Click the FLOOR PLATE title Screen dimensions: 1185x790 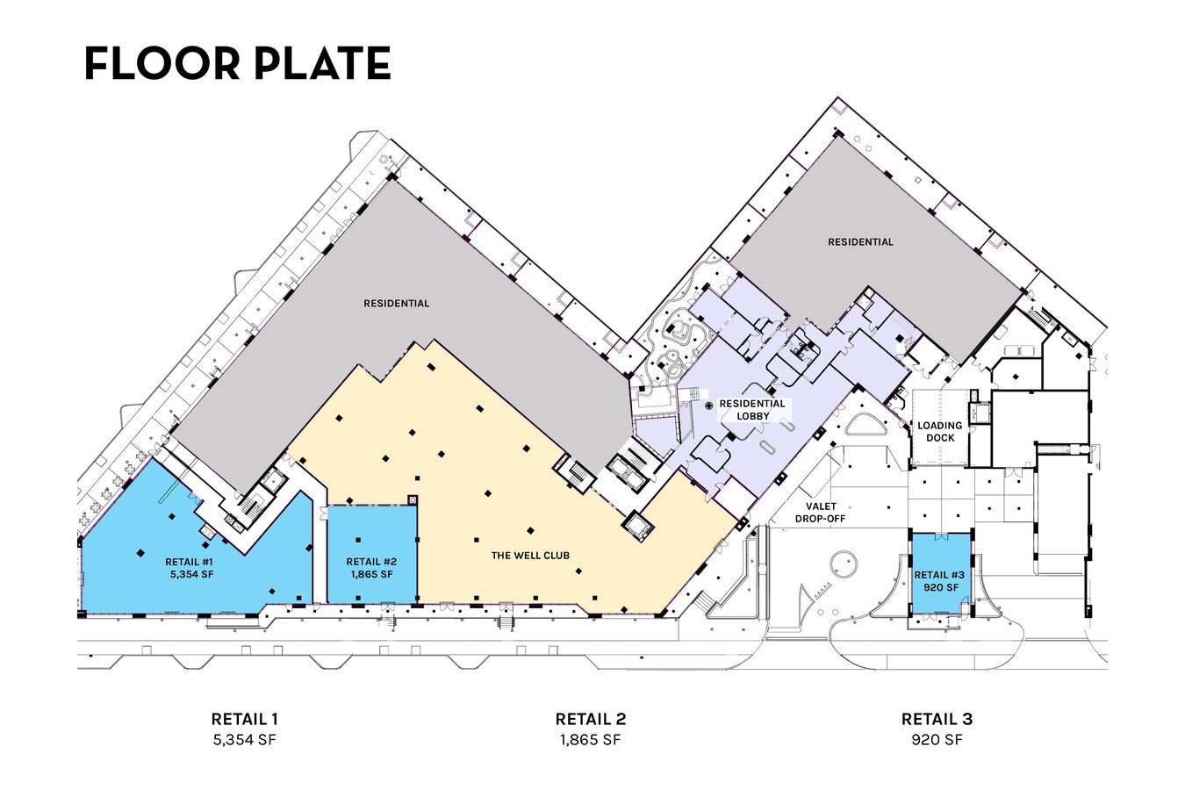click(238, 63)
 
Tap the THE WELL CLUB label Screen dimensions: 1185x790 click(530, 556)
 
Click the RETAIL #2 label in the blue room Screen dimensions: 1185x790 click(371, 562)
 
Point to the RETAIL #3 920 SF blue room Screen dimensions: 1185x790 click(941, 573)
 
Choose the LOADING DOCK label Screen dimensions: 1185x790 click(939, 432)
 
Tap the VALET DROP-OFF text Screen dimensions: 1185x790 click(820, 513)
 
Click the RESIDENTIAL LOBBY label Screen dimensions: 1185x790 click(752, 410)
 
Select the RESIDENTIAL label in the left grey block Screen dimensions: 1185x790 click(396, 304)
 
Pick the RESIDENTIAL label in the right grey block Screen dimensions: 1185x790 click(860, 242)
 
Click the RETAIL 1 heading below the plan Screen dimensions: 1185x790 click(244, 719)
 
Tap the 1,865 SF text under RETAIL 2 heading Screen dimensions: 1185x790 click(591, 740)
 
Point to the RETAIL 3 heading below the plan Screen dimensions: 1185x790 click(937, 719)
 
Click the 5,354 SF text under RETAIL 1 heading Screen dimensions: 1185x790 click(244, 740)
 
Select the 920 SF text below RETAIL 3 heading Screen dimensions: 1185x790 click(937, 740)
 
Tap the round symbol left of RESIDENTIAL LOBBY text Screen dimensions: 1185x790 click(709, 406)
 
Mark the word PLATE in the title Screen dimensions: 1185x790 click(323, 63)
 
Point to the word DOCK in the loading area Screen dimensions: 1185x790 click(939, 438)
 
